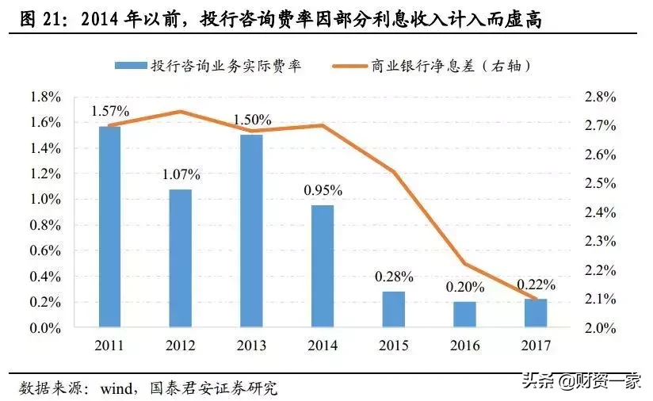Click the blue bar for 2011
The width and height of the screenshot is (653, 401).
pyautogui.click(x=109, y=227)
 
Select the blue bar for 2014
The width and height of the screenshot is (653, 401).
pyautogui.click(x=323, y=265)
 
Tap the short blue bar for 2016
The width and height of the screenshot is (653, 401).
pyautogui.click(x=464, y=314)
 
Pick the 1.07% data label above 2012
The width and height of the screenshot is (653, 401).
pyautogui.click(x=181, y=174)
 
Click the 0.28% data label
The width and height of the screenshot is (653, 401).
pyautogui.click(x=394, y=277)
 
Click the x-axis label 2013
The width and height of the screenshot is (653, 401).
pyautogui.click(x=251, y=346)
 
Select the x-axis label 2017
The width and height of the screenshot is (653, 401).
pyautogui.click(x=535, y=346)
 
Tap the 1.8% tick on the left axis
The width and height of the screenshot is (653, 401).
pyautogui.click(x=45, y=97)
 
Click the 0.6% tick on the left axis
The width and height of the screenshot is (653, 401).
pyautogui.click(x=45, y=250)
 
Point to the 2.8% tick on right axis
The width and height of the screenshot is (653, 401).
pyautogui.click(x=600, y=97)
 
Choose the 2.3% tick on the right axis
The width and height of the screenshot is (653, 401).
pyautogui.click(x=600, y=241)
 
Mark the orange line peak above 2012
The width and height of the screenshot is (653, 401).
pyautogui.click(x=181, y=111)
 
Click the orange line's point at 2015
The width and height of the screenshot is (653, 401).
pyautogui.click(x=394, y=171)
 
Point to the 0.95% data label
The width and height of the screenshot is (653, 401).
pyautogui.click(x=323, y=190)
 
